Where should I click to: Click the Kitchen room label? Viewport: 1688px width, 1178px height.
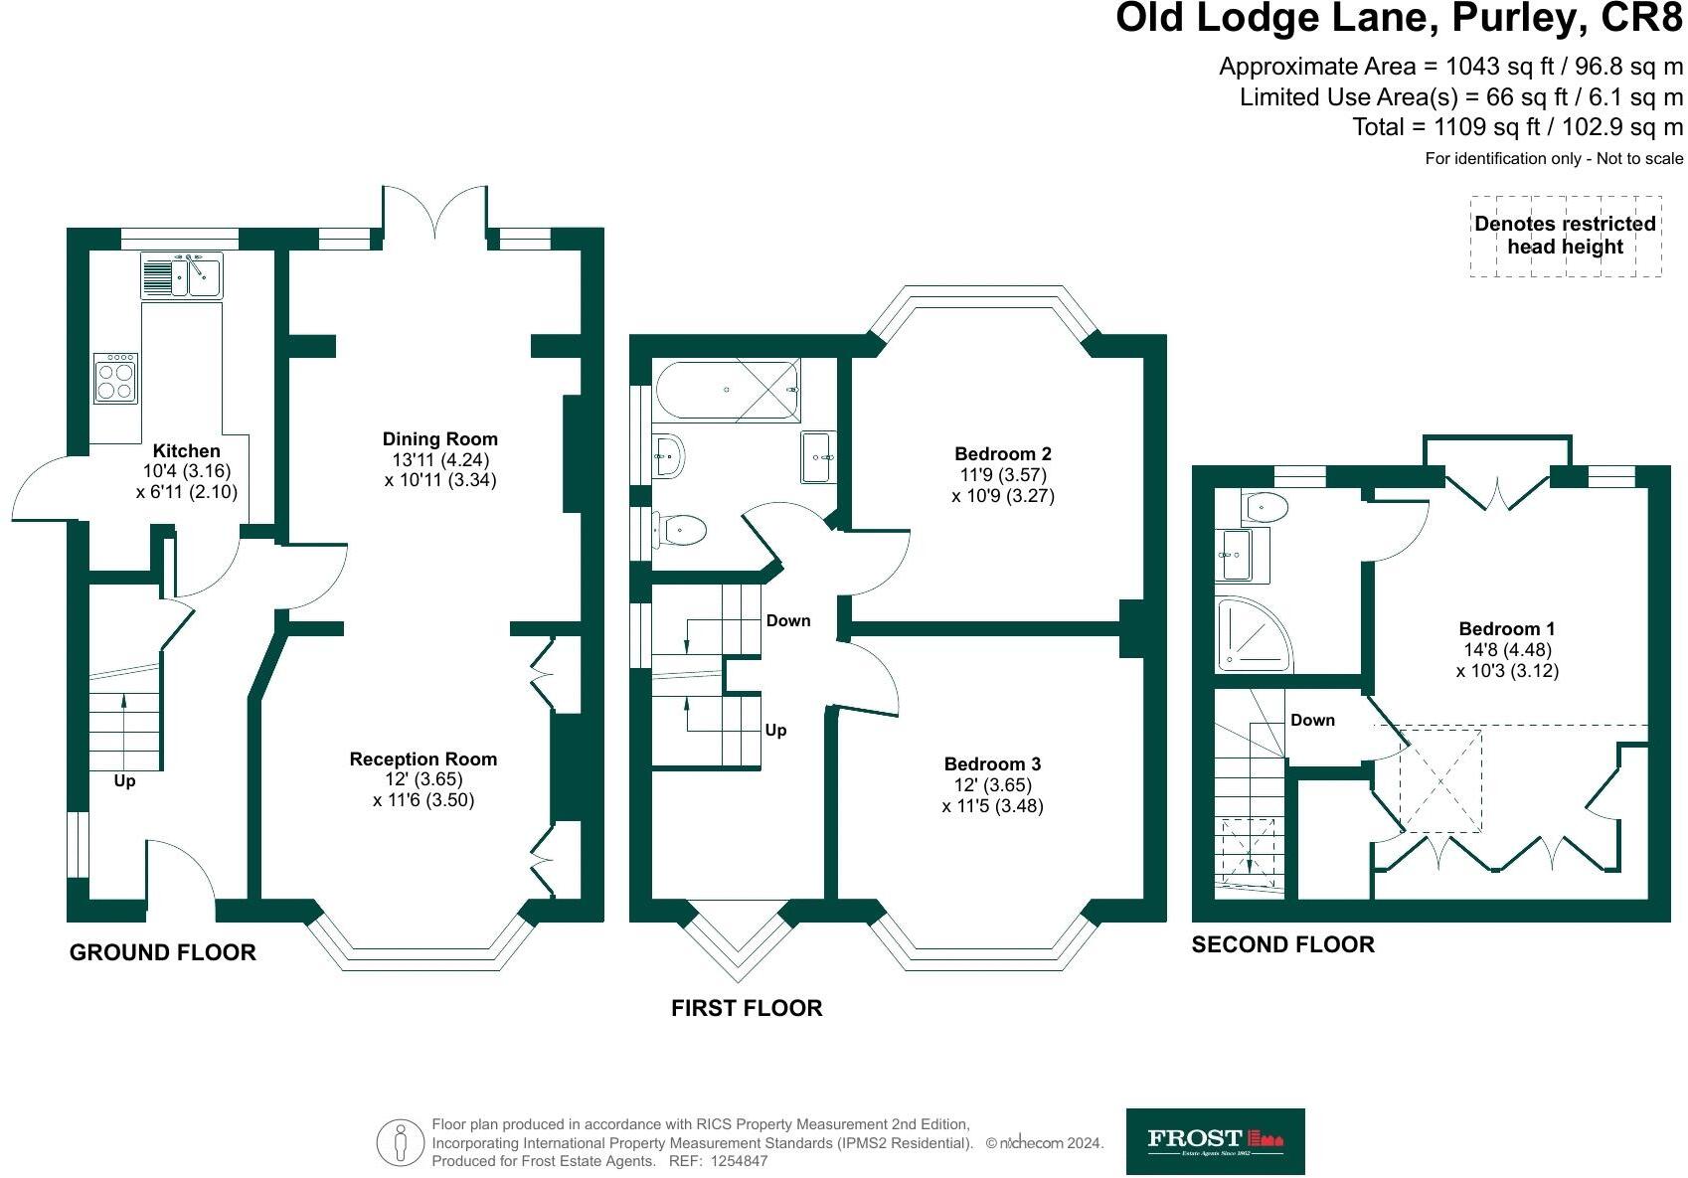coord(186,450)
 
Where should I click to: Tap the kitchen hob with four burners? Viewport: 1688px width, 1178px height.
coord(116,378)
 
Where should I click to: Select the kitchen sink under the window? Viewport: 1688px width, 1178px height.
coord(182,275)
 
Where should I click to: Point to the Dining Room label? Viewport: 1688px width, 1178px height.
coord(440,438)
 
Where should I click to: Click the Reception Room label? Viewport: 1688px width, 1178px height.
coord(423,758)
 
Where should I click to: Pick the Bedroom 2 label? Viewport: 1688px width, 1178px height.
coord(1003,453)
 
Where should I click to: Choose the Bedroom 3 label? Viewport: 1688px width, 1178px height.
coord(992,763)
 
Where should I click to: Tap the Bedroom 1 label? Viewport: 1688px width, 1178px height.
coord(1506,628)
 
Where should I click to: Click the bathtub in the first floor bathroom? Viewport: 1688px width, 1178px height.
coord(728,390)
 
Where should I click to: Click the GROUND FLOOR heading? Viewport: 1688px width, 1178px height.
coord(163,952)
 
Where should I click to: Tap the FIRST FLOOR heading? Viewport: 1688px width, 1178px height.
coord(747,1008)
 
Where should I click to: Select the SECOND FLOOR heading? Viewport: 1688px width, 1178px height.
coord(1283,944)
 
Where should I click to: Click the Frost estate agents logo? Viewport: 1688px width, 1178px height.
coord(1216,1141)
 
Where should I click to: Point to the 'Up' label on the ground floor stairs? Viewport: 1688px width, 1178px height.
coord(124,780)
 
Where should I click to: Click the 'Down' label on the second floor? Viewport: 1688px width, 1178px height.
coord(1312,720)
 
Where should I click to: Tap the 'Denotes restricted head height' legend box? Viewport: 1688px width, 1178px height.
coord(1566,236)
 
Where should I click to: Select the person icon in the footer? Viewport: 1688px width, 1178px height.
coord(401,1142)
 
